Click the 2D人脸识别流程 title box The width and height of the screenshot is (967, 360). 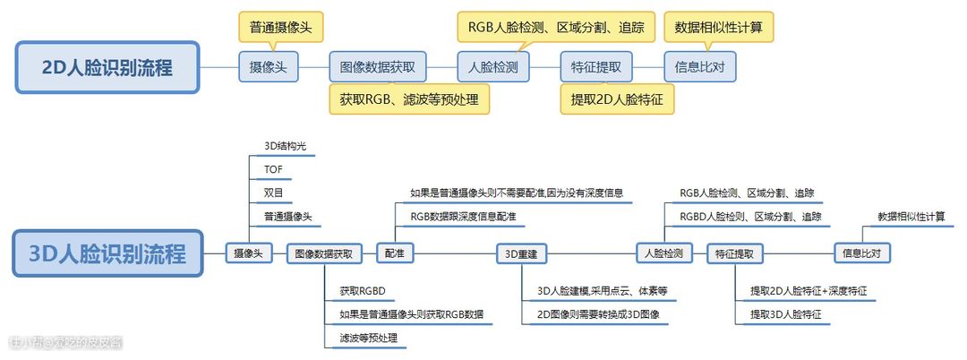(107, 67)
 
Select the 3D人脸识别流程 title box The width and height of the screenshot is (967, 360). (107, 253)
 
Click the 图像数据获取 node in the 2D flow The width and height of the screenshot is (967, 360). (378, 67)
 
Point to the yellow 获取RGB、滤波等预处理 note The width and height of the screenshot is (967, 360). (409, 99)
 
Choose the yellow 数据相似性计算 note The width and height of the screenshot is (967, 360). (718, 26)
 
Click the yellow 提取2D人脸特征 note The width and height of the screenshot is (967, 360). (617, 99)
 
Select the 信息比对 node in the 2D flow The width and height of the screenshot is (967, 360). (700, 67)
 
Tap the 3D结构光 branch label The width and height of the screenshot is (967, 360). (284, 145)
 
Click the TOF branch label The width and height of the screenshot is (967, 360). (272, 168)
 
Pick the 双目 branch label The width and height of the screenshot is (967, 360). (272, 193)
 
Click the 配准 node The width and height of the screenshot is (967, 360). (394, 253)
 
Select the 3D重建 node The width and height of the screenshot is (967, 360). (520, 253)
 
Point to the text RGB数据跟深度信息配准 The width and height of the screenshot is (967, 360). (463, 217)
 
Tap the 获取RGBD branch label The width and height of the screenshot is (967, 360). (362, 291)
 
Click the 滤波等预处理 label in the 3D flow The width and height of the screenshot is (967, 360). (368, 339)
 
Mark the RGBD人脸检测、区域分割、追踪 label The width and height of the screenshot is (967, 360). (749, 217)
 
